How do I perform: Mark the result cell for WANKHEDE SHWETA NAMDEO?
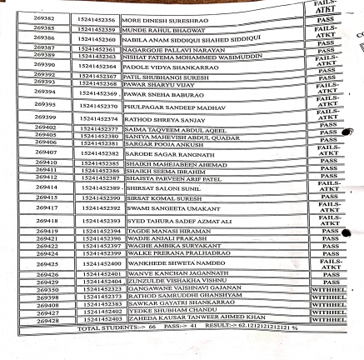pos(331,263)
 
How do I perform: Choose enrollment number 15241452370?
pos(98,107)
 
